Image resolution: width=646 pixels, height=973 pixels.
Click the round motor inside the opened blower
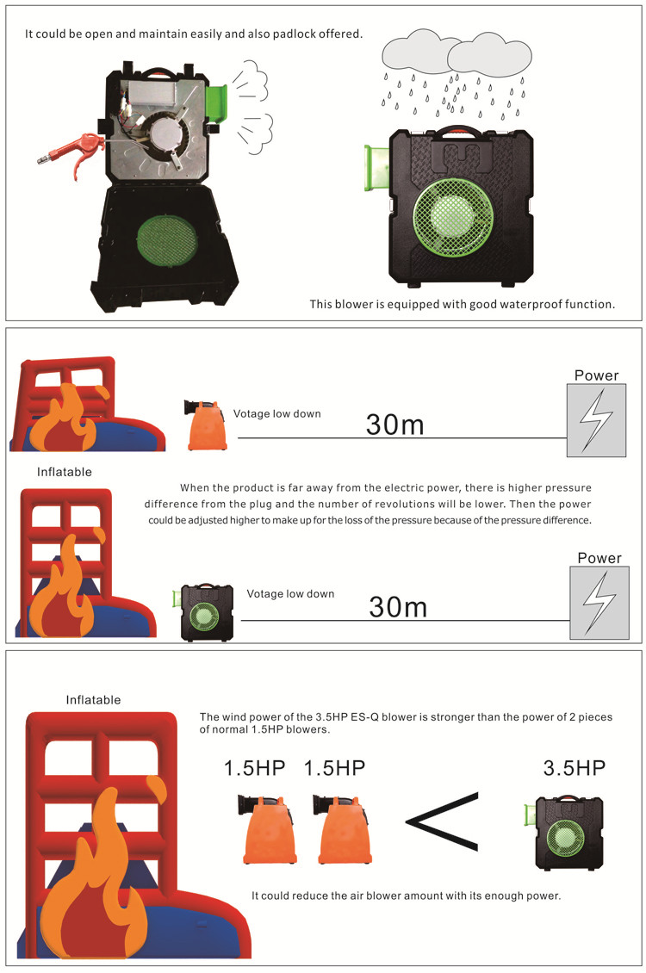click(167, 134)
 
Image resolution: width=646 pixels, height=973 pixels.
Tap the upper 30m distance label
click(394, 425)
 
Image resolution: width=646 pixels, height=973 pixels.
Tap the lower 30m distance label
click(398, 607)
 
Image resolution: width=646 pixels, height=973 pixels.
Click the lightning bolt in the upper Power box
click(596, 418)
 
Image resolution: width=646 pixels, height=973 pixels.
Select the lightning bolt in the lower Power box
click(599, 602)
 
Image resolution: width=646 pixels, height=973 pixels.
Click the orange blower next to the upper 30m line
click(205, 425)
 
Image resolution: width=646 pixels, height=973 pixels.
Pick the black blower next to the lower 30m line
click(203, 612)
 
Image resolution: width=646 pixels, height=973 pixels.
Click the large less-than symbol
click(443, 821)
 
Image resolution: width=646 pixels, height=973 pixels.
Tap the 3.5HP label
click(574, 768)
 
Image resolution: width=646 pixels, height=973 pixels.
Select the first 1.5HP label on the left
click(254, 768)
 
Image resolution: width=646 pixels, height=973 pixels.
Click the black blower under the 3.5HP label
click(565, 832)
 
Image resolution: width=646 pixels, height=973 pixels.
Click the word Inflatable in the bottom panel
click(93, 700)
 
